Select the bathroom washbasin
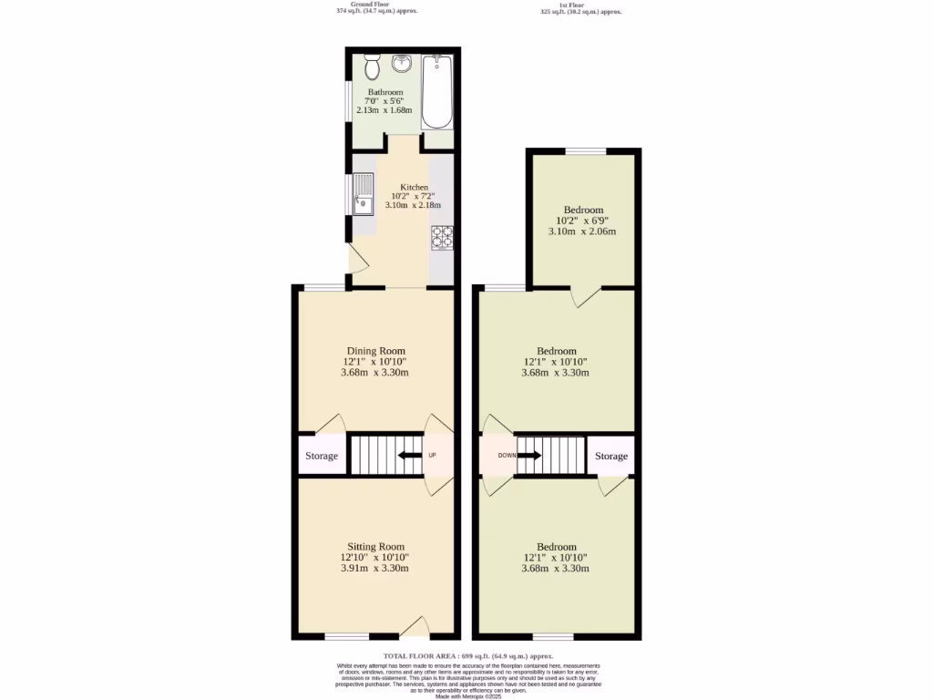click(x=403, y=65)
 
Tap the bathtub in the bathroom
click(x=438, y=92)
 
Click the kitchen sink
click(x=363, y=194)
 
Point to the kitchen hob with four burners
click(x=442, y=237)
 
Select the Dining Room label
click(x=375, y=351)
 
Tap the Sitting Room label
click(x=374, y=547)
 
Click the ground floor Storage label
click(x=322, y=456)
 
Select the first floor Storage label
click(x=611, y=456)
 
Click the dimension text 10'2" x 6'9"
click(x=582, y=220)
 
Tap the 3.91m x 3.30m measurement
click(x=374, y=569)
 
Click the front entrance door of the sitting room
click(x=415, y=627)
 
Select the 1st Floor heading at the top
click(x=581, y=4)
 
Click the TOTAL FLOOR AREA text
click(x=467, y=656)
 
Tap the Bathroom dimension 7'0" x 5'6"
click(x=384, y=101)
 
